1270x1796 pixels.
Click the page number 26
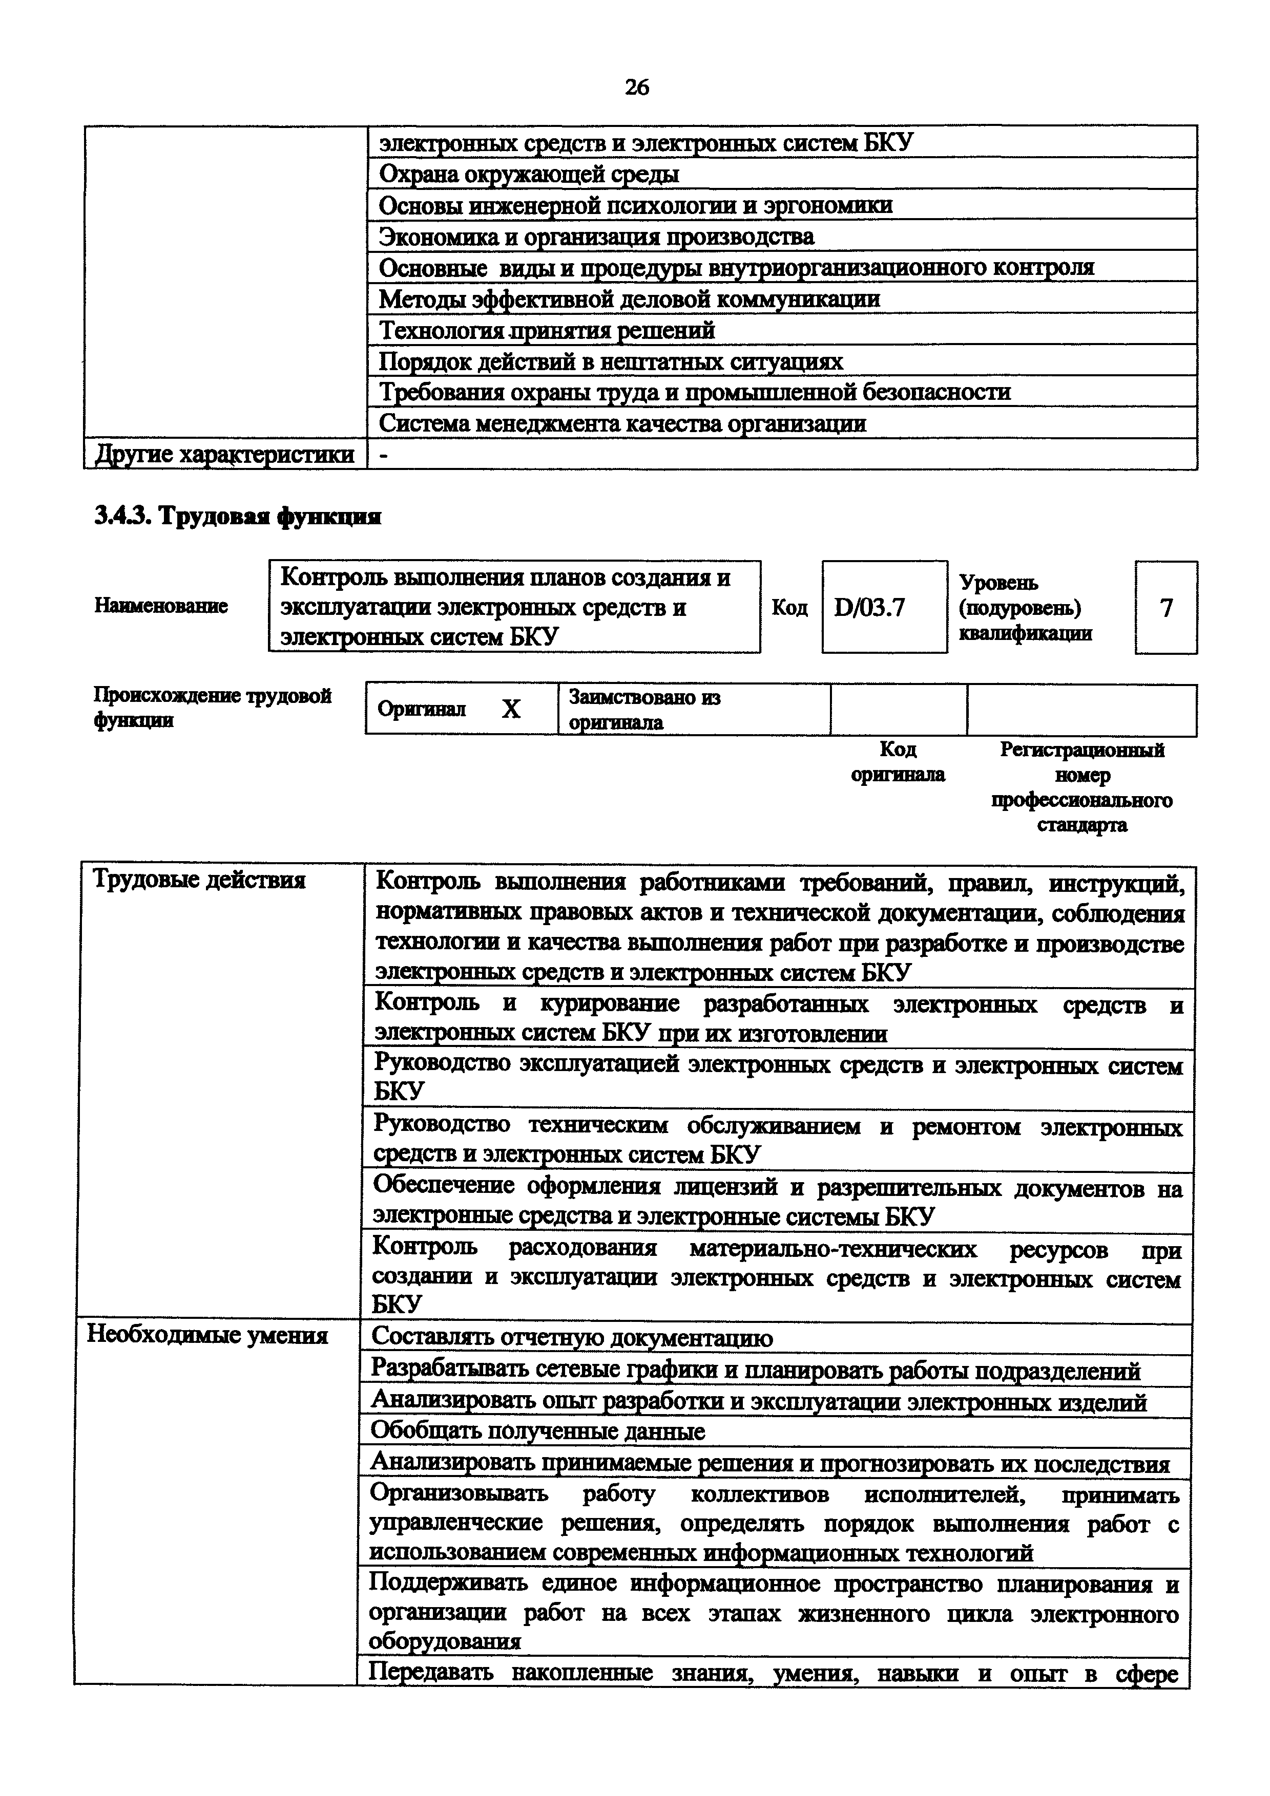pos(636,87)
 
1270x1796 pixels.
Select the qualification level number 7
pos(1166,607)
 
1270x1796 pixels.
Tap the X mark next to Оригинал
pos(510,709)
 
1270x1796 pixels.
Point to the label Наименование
pos(161,606)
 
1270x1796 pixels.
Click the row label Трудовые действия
pos(199,880)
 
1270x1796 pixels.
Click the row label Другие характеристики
pos(224,455)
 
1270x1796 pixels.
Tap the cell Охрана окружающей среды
pos(529,174)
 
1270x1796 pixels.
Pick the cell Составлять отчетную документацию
pos(571,1338)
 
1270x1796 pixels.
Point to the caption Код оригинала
pos(898,762)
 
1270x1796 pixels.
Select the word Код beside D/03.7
pos(789,608)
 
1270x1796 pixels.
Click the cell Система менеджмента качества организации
pos(622,423)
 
